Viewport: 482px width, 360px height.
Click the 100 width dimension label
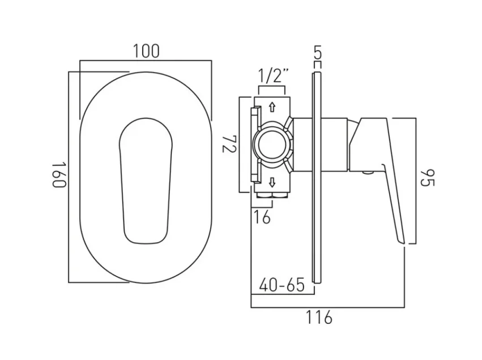[x=146, y=51]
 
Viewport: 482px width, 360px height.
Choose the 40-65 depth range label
[x=281, y=284]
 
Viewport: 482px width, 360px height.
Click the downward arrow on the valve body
[x=272, y=182]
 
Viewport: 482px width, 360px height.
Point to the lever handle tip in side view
[x=403, y=240]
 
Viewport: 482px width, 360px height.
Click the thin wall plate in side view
[x=317, y=175]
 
